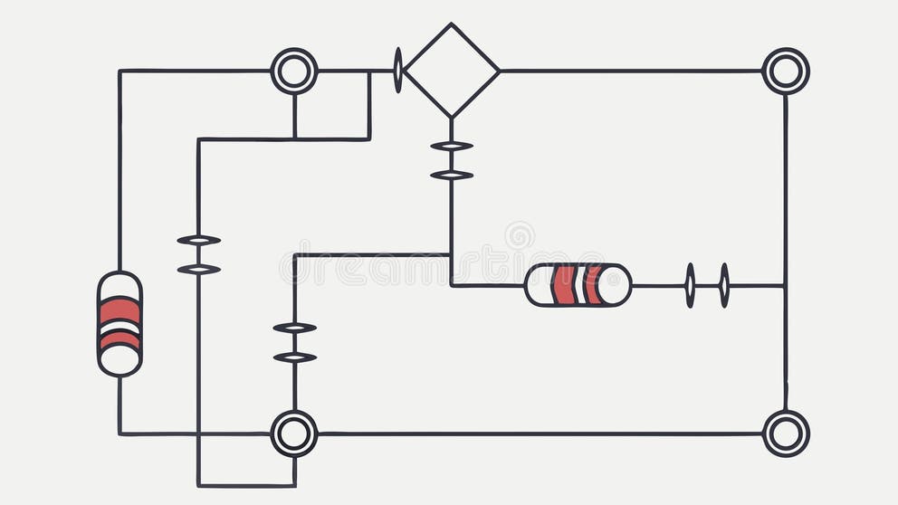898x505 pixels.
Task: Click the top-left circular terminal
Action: [x=294, y=71]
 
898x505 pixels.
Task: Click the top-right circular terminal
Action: [x=785, y=71]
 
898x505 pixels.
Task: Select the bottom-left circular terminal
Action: [x=294, y=434]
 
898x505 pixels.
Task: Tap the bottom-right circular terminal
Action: [x=785, y=434]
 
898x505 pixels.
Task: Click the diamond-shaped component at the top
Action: [x=451, y=71]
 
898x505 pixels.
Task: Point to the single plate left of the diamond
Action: [x=397, y=71]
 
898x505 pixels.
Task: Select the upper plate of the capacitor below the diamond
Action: [x=451, y=146]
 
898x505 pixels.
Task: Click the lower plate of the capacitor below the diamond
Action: [x=451, y=175]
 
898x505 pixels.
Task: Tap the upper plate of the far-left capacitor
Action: [x=198, y=240]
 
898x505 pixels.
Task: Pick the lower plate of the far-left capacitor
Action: [x=198, y=269]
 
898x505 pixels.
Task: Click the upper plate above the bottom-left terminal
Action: [x=294, y=328]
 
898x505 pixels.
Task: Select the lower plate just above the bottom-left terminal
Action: [x=294, y=357]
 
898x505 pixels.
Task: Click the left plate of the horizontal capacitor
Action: [x=690, y=285]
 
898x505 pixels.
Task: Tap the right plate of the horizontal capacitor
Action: [x=724, y=285]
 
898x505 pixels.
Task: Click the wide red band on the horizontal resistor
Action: [x=563, y=285]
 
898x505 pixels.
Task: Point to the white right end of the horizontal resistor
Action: [x=616, y=285]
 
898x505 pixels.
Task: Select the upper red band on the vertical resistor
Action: [x=119, y=310]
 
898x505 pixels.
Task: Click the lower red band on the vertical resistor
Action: [x=119, y=340]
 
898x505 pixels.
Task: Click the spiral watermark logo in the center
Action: [x=519, y=235]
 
